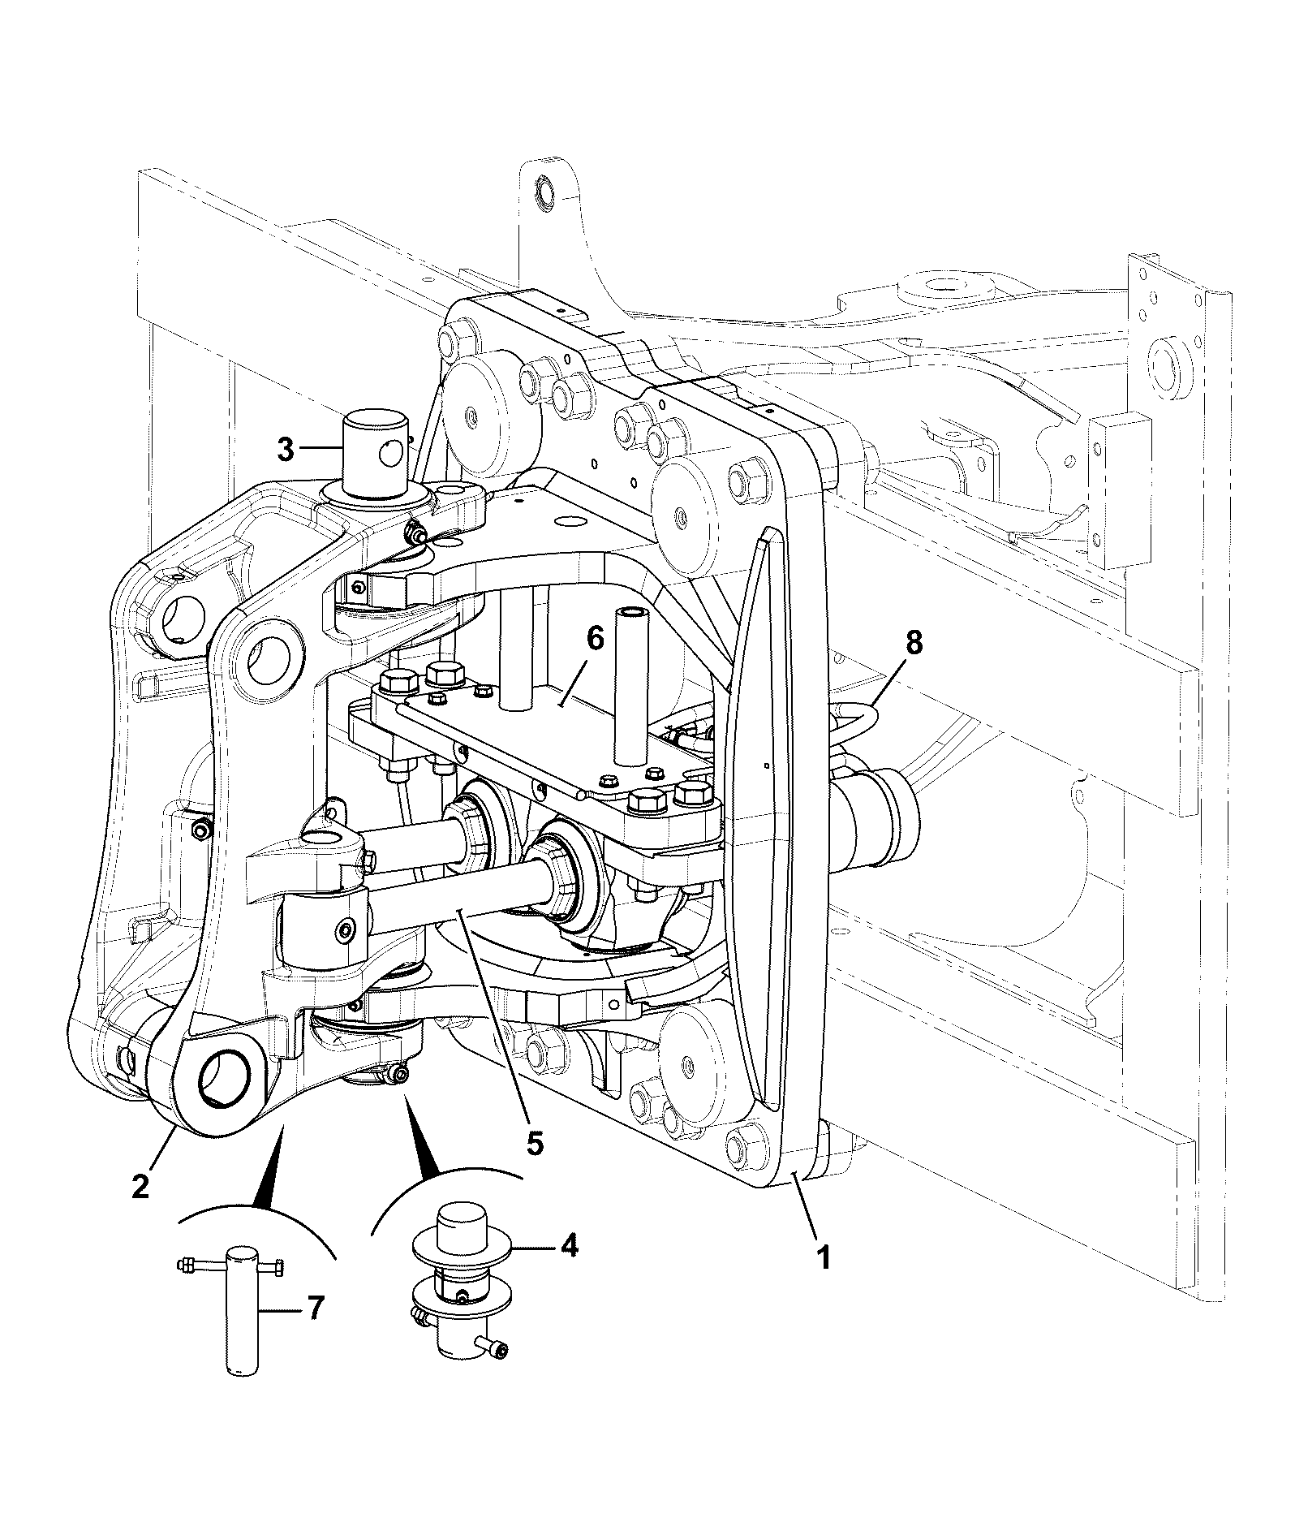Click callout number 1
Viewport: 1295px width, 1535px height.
tap(823, 1282)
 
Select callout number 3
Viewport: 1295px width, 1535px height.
tap(286, 449)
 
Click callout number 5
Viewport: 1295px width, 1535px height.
tap(534, 1141)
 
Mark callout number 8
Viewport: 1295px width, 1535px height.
tap(914, 644)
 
